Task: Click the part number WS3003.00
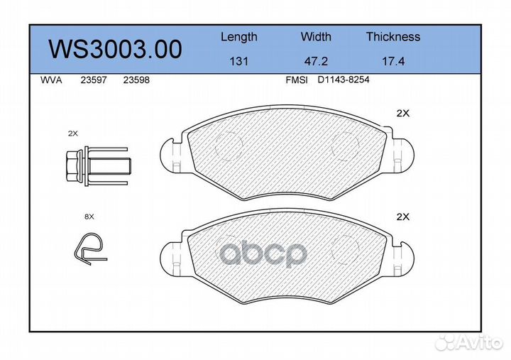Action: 114,50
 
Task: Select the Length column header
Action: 238,37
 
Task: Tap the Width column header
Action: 316,37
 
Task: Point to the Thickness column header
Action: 392,37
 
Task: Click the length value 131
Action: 238,61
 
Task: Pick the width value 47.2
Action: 316,61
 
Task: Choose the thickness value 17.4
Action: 392,61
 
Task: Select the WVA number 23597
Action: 94,81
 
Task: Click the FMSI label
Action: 296,81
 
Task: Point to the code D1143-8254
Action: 344,81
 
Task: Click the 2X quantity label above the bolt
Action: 73,133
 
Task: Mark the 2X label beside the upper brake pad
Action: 403,114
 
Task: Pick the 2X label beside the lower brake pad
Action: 403,217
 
